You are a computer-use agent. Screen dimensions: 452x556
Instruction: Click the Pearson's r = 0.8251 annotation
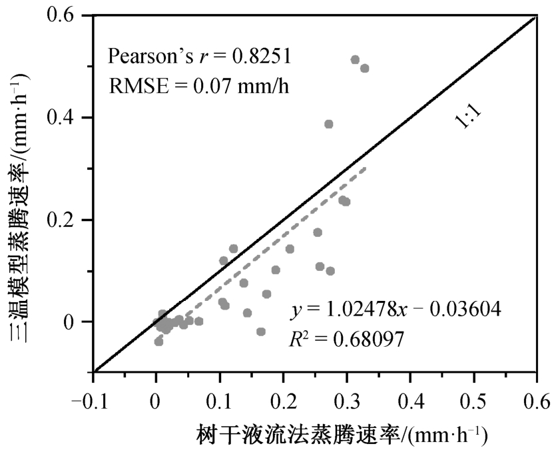pos(200,56)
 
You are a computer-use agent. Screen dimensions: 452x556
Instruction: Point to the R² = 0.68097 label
pos(347,339)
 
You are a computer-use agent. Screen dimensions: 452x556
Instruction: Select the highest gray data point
pos(355,60)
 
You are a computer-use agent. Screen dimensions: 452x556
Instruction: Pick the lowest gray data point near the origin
pos(158,341)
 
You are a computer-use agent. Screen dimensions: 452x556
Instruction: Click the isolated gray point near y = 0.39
pos(328,124)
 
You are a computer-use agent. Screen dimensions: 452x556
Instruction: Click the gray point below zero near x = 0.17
pos(261,332)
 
